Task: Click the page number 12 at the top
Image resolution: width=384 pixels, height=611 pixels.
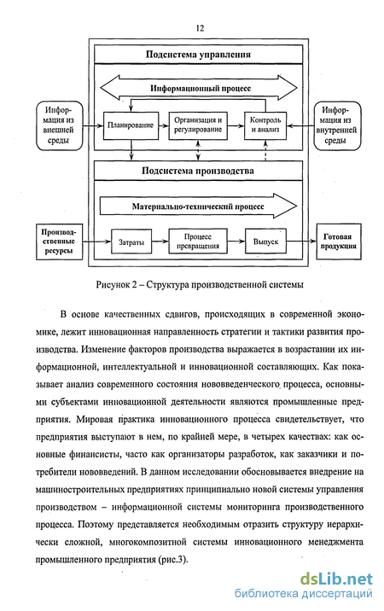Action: click(x=200, y=28)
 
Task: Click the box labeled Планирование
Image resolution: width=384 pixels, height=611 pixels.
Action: click(x=131, y=125)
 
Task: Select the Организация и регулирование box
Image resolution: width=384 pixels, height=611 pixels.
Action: click(x=198, y=125)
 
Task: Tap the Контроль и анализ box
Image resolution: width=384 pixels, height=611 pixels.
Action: click(x=265, y=125)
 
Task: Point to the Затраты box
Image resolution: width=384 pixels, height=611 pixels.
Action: click(x=131, y=241)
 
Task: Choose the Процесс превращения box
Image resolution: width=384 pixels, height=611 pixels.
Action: click(x=198, y=241)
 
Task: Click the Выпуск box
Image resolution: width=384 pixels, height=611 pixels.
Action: click(x=265, y=241)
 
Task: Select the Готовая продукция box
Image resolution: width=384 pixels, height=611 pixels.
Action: click(x=339, y=241)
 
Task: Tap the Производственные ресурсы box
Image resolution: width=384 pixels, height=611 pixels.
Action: click(x=59, y=241)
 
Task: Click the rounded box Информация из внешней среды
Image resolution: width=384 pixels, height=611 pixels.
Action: click(x=59, y=125)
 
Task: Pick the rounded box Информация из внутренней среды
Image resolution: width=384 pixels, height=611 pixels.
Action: click(x=337, y=125)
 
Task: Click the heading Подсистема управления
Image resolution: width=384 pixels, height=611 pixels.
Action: click(x=198, y=54)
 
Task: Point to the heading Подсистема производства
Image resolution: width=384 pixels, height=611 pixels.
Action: click(x=198, y=171)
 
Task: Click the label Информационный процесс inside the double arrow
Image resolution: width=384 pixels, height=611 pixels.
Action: click(x=201, y=89)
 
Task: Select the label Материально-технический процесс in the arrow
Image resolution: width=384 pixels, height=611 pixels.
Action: click(x=198, y=207)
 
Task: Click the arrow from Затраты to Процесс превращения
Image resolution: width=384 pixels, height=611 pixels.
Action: click(x=160, y=241)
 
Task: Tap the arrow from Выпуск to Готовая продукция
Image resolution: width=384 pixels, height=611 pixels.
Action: click(x=301, y=241)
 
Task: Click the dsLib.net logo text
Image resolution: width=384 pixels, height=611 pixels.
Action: click(x=336, y=579)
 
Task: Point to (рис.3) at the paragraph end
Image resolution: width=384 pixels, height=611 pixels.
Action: click(x=172, y=560)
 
